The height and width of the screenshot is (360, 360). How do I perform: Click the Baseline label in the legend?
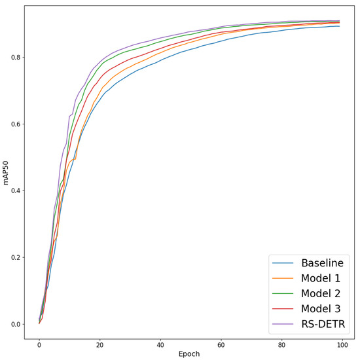point(321,264)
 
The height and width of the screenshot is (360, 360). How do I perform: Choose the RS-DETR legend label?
point(323,323)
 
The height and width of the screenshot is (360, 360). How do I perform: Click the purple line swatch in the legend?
point(283,323)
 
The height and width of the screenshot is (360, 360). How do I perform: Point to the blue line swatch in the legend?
point(283,264)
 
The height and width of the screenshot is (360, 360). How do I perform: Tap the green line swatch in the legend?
point(283,293)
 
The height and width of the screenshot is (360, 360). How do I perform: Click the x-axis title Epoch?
point(189,353)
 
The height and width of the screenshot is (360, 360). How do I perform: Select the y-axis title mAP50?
point(7,176)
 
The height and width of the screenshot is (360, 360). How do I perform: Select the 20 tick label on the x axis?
point(100,342)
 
